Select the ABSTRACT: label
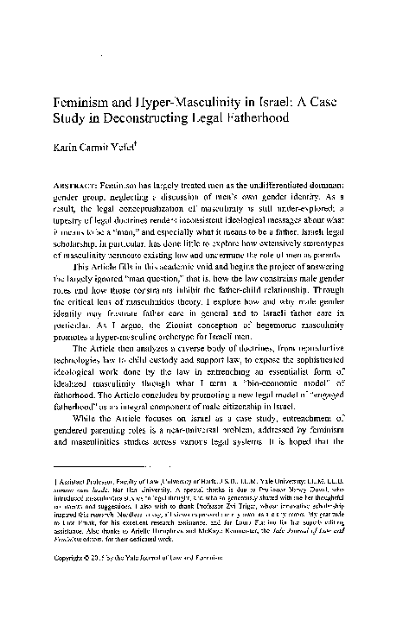coord(97,185)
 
